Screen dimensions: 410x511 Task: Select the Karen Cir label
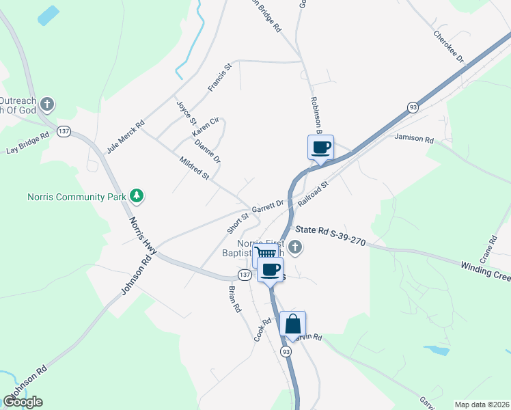[x=205, y=126]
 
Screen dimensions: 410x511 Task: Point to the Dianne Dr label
[x=207, y=152]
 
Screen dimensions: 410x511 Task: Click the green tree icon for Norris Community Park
[x=137, y=197]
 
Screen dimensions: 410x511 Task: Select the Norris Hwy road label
[x=143, y=236]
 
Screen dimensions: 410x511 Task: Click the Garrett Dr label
[x=267, y=205]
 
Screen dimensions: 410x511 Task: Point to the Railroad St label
[x=314, y=194]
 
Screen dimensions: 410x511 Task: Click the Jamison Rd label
[x=414, y=139]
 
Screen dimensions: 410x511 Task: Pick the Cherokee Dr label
[x=449, y=46]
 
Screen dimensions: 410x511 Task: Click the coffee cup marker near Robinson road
[x=320, y=147]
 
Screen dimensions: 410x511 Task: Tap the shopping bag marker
[x=292, y=324]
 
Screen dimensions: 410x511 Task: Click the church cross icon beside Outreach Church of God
[x=46, y=105]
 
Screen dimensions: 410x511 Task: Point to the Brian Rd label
[x=234, y=298]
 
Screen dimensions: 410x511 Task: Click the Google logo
[x=23, y=401]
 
